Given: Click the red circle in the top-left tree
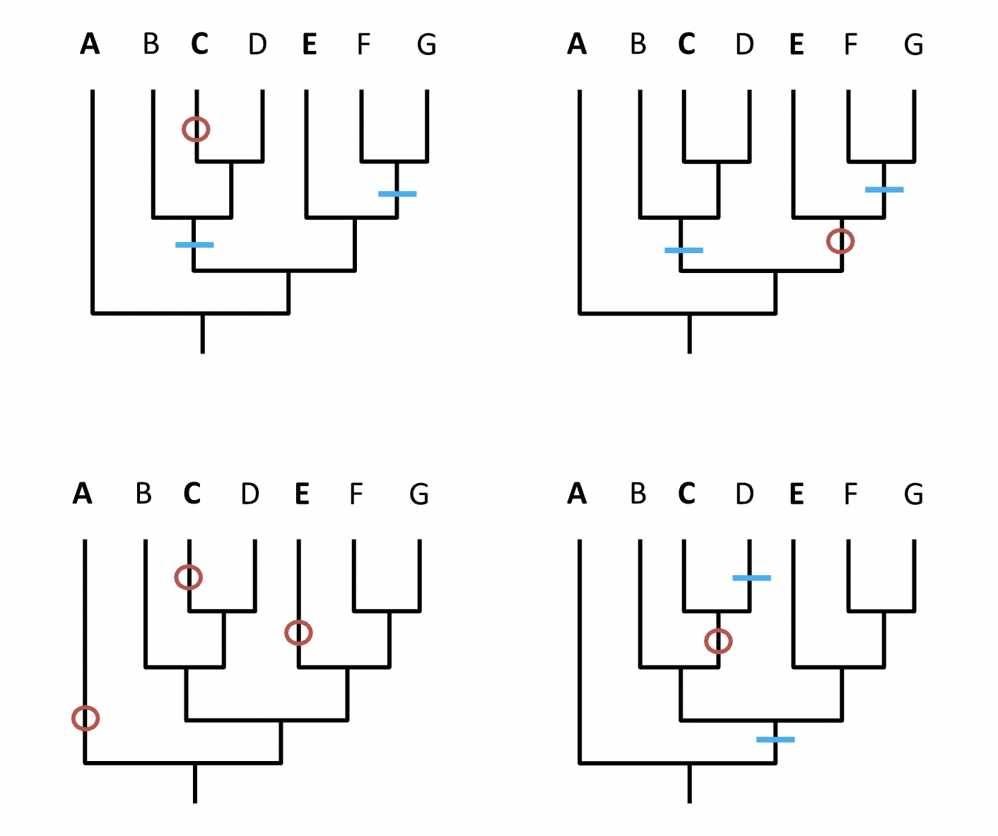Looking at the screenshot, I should [x=196, y=129].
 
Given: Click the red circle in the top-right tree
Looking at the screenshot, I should [x=840, y=241].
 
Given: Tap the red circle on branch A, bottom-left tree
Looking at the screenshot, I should [x=86, y=719].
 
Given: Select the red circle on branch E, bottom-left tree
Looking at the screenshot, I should [x=298, y=632].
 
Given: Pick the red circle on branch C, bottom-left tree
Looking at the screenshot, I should [x=189, y=577].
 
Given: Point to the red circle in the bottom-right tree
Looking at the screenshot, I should [x=719, y=641].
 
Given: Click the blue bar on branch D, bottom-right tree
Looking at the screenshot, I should [x=751, y=578].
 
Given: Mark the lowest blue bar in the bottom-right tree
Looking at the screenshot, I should [x=775, y=740].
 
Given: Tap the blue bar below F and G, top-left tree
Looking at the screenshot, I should [x=397, y=194].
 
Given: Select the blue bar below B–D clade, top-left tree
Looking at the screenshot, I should [x=194, y=245].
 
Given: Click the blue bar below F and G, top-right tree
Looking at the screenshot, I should [x=884, y=190].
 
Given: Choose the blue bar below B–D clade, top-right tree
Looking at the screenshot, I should [x=683, y=250].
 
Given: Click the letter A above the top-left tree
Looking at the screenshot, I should [x=90, y=45].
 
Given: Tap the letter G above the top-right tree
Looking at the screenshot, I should [x=913, y=45].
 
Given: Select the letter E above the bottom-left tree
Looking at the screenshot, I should [x=302, y=494].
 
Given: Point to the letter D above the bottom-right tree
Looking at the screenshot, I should [x=744, y=494].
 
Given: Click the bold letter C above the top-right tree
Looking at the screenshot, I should [x=686, y=45].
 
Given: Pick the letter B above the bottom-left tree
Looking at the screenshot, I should [x=143, y=494].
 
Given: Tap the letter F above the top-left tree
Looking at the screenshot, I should [x=363, y=45].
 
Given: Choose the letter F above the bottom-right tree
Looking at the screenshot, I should [x=850, y=494].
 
